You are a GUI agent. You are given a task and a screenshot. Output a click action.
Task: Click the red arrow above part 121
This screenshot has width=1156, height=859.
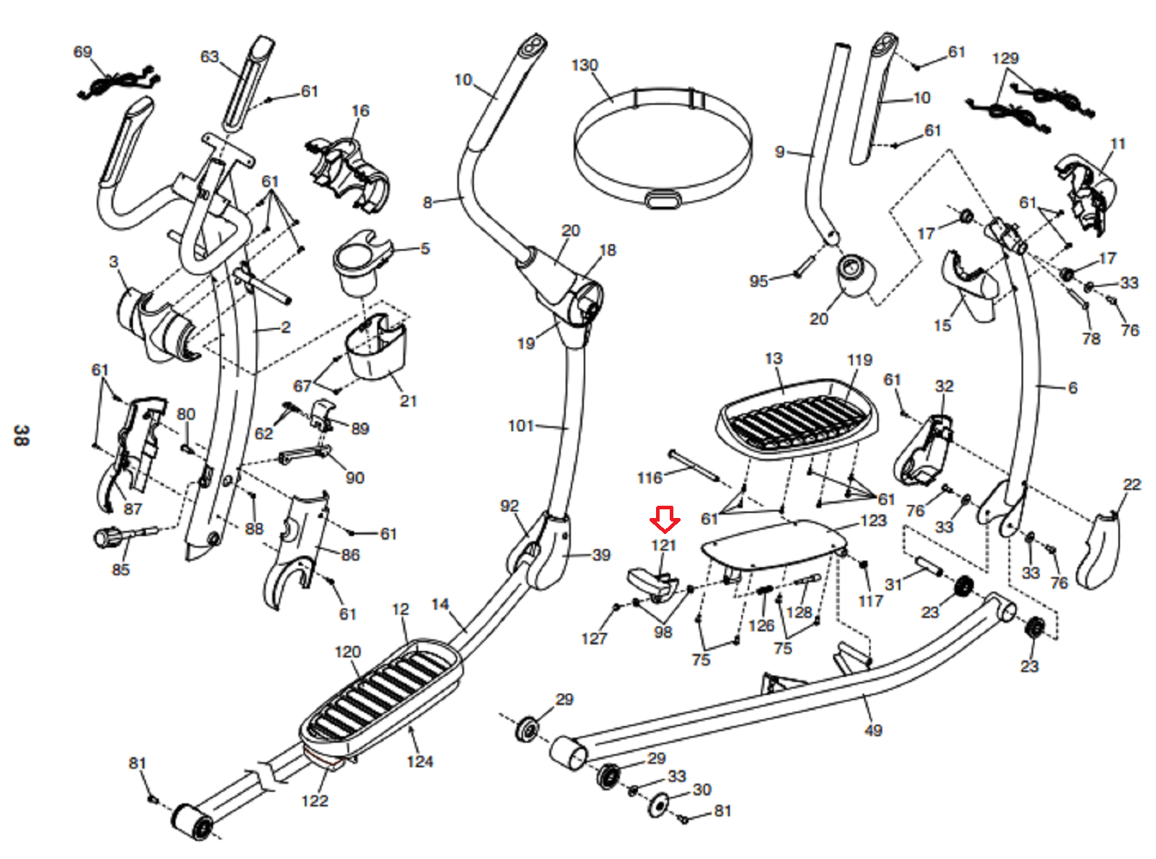[665, 519]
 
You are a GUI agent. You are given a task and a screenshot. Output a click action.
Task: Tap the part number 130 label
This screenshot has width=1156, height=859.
[585, 65]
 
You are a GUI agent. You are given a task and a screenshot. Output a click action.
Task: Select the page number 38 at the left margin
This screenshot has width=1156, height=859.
[20, 435]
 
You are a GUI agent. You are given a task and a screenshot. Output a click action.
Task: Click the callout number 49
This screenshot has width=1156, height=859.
[874, 730]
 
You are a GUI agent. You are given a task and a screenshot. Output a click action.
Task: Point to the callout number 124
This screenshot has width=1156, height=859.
[420, 761]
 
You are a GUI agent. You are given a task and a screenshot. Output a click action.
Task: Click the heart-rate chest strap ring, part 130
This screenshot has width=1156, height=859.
[663, 149]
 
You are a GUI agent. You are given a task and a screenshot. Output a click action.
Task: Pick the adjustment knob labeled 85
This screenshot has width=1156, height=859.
[125, 536]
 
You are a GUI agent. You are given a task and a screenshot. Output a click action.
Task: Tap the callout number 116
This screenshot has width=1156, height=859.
[650, 478]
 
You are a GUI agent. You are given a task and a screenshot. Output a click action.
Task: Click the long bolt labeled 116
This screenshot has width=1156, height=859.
[694, 465]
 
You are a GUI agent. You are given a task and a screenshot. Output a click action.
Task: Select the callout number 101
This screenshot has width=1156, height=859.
[521, 426]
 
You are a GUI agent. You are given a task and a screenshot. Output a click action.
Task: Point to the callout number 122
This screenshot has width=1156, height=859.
[315, 800]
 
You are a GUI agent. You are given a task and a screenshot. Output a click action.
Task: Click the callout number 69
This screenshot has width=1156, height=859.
[82, 51]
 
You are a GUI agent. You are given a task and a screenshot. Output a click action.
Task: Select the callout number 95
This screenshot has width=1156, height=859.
[759, 281]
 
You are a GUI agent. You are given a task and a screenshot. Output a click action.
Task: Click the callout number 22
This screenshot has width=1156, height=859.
[1131, 484]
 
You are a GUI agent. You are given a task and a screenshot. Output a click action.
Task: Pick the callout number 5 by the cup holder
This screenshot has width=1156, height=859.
[425, 248]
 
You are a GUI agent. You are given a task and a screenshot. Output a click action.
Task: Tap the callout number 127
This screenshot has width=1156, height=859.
[594, 639]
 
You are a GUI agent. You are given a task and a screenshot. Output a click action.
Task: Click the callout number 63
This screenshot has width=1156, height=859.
[210, 56]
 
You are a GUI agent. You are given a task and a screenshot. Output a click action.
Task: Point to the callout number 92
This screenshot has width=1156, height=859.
[509, 506]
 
